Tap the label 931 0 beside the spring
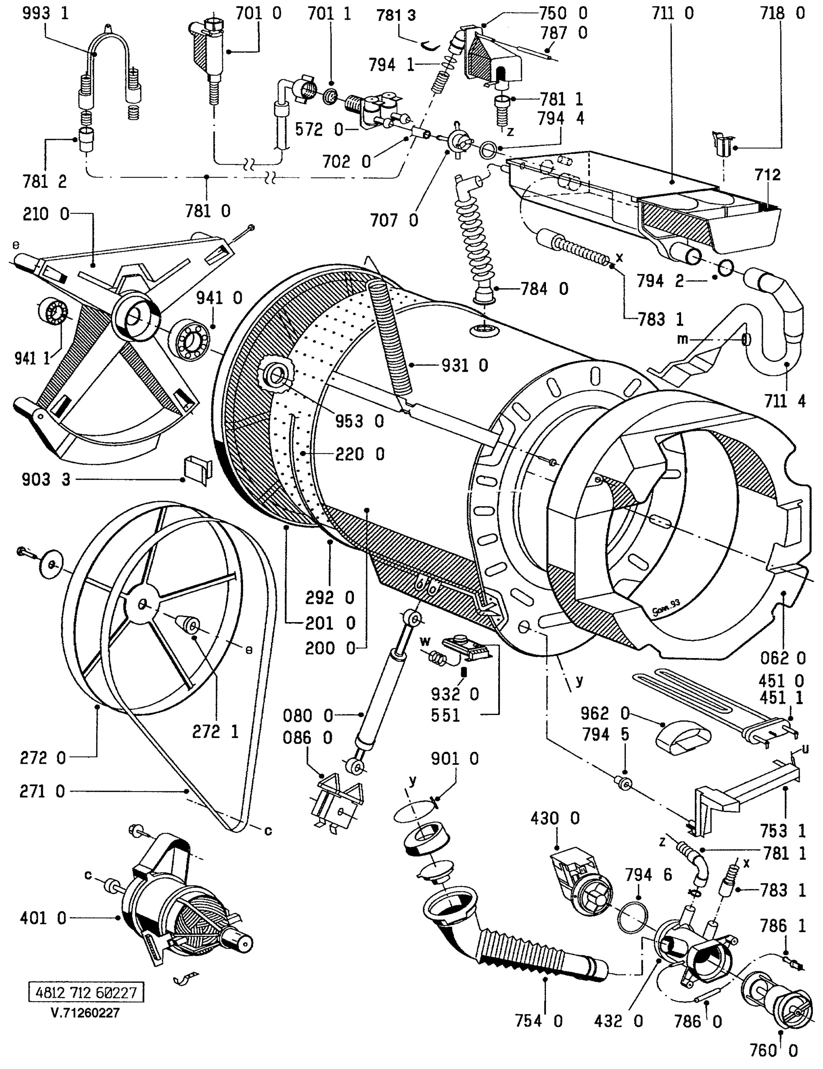(465, 366)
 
